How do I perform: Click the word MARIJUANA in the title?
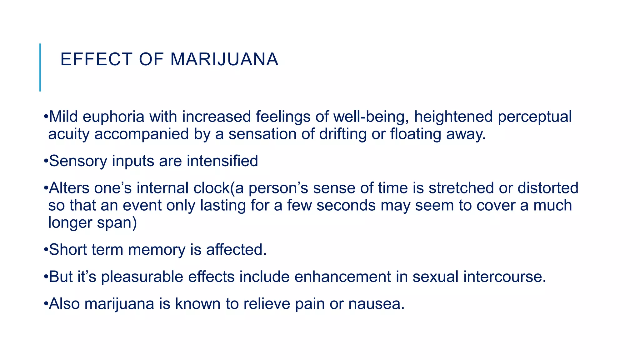coord(224,59)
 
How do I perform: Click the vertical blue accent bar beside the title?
coord(40,67)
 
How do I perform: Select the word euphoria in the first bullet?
coord(113,117)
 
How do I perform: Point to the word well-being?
coord(371,117)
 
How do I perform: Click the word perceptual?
coord(535,117)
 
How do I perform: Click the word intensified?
coord(222,161)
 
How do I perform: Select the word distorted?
coord(548,188)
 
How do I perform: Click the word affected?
coord(236,250)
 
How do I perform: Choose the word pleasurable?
coord(142,277)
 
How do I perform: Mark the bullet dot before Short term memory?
coord(46,250)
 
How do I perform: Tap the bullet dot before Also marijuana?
coord(46,304)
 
